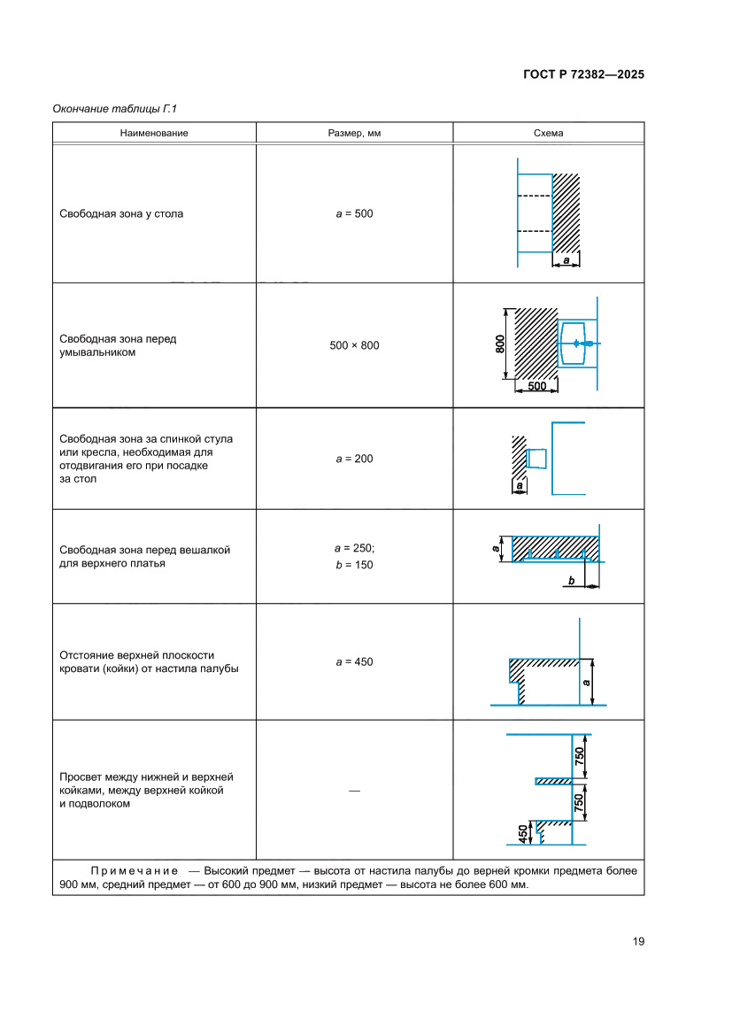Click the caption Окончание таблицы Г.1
coord(115,109)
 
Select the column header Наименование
coord(154,133)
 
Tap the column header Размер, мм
coord(354,133)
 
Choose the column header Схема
coord(548,133)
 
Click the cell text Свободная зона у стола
coord(121,213)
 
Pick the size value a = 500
coord(354,213)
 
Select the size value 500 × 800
coord(354,345)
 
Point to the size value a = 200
coord(354,459)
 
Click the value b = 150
coord(354,564)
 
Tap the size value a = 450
coord(354,661)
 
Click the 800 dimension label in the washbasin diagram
coord(500,344)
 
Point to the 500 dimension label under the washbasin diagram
coord(536,386)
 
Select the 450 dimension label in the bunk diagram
coord(522,833)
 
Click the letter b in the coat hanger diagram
coord(572,581)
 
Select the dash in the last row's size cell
coord(354,790)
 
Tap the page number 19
coord(638,941)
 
